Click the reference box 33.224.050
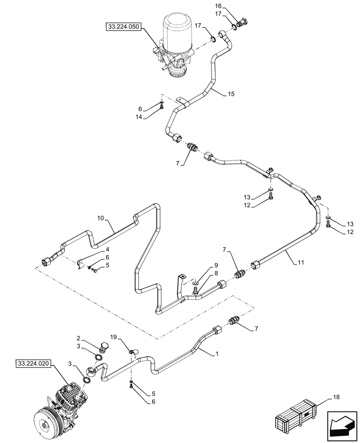pyautogui.click(x=123, y=27)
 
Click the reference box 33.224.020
pyautogui.click(x=33, y=364)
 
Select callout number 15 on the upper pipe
pyautogui.click(x=231, y=94)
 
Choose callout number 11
pyautogui.click(x=300, y=263)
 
